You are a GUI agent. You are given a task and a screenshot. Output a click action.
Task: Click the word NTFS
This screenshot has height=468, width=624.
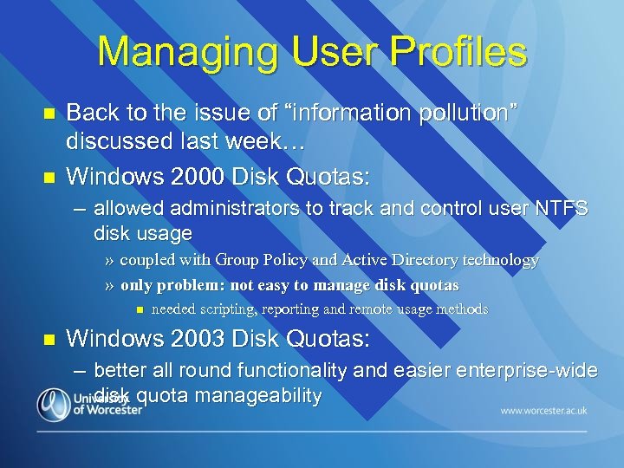click(561, 209)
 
